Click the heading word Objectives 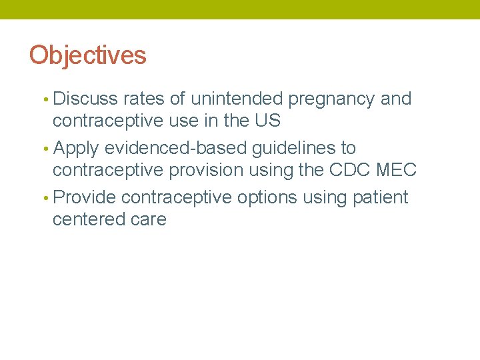87,55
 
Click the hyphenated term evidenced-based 176,148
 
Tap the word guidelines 297,149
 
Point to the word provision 206,171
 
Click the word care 149,219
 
